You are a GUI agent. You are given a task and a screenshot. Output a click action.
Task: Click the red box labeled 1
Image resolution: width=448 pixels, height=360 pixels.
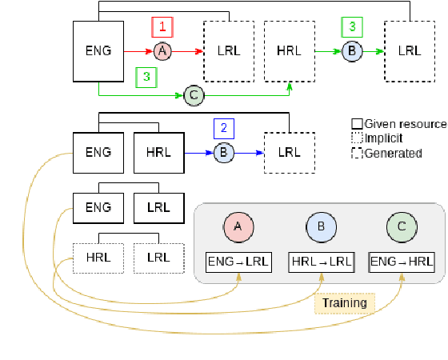(x=162, y=26)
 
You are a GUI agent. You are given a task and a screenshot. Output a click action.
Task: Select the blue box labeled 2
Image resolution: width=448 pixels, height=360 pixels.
(x=224, y=127)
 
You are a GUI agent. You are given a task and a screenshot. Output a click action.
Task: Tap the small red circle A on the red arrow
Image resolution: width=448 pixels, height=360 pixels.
(x=162, y=51)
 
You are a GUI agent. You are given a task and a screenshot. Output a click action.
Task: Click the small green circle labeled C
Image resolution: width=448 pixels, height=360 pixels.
(x=193, y=95)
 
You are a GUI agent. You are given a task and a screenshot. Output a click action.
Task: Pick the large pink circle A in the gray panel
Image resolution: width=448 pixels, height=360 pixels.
(x=238, y=227)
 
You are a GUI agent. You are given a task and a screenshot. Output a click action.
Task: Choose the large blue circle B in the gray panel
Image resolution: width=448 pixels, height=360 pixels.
(x=321, y=227)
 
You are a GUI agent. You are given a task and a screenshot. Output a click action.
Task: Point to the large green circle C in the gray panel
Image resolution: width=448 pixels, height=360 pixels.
(x=401, y=227)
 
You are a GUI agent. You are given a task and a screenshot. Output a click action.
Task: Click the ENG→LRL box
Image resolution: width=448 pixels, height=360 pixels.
(x=238, y=261)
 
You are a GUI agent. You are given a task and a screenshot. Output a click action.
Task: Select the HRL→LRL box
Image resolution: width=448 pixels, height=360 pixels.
(x=320, y=261)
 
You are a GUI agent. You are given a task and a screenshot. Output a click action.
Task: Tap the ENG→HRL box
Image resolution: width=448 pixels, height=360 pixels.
(x=401, y=261)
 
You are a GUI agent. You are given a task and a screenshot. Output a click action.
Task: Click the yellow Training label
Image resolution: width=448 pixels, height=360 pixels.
(x=345, y=302)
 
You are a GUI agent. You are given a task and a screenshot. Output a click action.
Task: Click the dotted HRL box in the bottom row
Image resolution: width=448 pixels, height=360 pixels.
(x=98, y=257)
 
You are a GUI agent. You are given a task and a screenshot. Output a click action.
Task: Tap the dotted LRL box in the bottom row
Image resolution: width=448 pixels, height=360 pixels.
(x=158, y=257)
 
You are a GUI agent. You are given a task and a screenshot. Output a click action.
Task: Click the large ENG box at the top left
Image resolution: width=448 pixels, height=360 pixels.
(x=98, y=51)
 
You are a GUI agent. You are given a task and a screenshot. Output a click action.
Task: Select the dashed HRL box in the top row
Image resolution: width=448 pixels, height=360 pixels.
(x=289, y=51)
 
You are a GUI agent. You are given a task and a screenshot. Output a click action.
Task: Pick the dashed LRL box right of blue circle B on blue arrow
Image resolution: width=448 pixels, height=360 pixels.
(x=289, y=150)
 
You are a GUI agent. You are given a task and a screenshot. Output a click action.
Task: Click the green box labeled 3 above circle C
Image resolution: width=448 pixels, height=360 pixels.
(x=146, y=77)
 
